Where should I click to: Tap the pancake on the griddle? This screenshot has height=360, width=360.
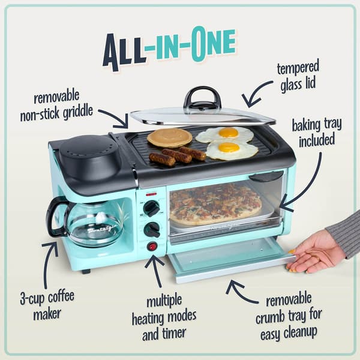point(169,137)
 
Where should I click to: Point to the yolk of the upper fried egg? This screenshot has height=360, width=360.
point(228,133)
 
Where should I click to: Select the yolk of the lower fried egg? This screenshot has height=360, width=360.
point(229,148)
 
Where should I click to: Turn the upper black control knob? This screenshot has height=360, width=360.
point(152,208)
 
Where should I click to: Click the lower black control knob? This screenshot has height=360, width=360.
point(152,229)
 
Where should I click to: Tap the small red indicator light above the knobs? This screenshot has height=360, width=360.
point(152,194)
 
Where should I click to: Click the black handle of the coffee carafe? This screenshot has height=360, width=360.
point(55,216)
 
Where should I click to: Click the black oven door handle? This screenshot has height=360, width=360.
point(265,177)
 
